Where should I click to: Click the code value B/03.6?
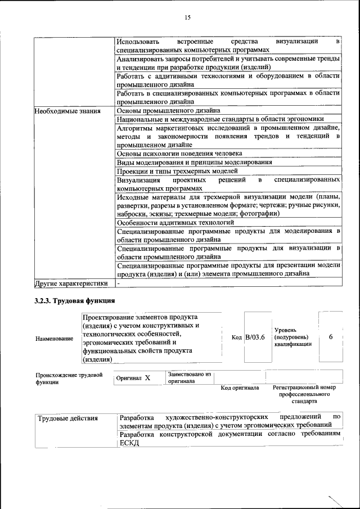tap(255, 337)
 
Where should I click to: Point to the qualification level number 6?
tap(331, 336)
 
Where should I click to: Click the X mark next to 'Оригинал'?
tap(147, 379)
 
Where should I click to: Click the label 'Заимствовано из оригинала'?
tap(188, 377)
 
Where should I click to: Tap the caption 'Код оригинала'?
tap(240, 388)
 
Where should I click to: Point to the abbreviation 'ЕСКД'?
tap(129, 443)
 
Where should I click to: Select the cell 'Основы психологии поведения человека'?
tap(179, 153)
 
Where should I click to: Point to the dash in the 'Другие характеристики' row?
tap(119, 283)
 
